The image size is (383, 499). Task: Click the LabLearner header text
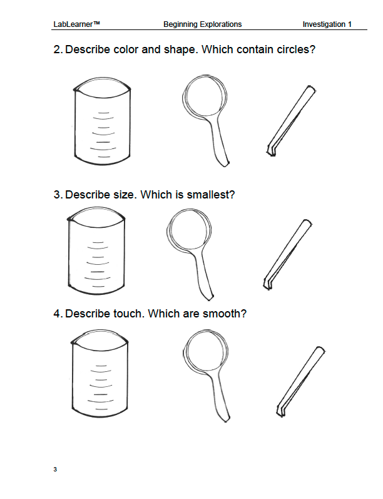tap(77, 24)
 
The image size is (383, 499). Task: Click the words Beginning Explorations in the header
tap(203, 24)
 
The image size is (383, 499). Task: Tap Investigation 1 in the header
tap(327, 24)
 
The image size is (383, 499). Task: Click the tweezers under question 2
tap(290, 121)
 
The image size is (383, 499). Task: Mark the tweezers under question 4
tap(300, 381)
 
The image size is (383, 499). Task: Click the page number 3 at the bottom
tap(55, 470)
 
